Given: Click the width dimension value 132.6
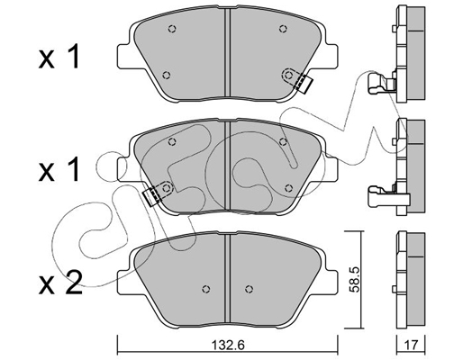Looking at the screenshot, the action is tap(229, 346).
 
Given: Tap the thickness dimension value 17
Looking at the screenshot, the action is tap(412, 346).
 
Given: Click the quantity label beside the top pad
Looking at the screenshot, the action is tap(59, 57).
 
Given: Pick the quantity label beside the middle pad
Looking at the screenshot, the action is tap(59, 169).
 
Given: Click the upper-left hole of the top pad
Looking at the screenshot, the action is tap(172, 29).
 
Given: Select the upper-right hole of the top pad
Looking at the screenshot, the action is tap(283, 29).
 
